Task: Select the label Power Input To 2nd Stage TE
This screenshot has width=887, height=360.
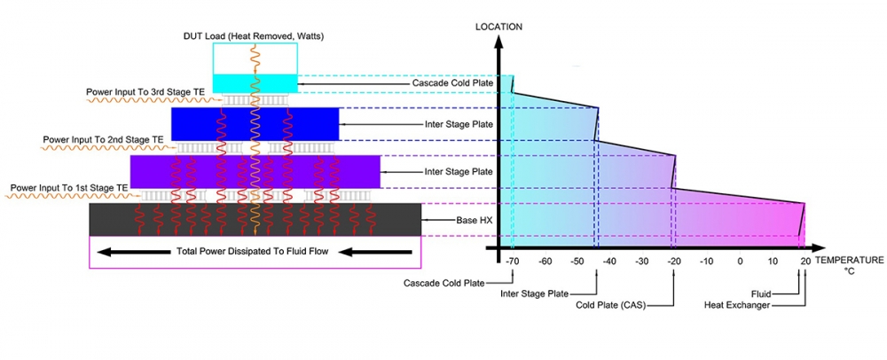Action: click(x=104, y=139)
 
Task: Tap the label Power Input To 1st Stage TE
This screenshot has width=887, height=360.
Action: click(x=68, y=188)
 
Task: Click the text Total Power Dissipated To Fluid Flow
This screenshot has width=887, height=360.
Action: click(x=253, y=252)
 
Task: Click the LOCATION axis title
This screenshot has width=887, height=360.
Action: click(x=498, y=27)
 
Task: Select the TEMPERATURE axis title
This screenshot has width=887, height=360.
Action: click(x=849, y=261)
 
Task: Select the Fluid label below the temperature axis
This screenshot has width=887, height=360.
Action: click(x=759, y=293)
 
